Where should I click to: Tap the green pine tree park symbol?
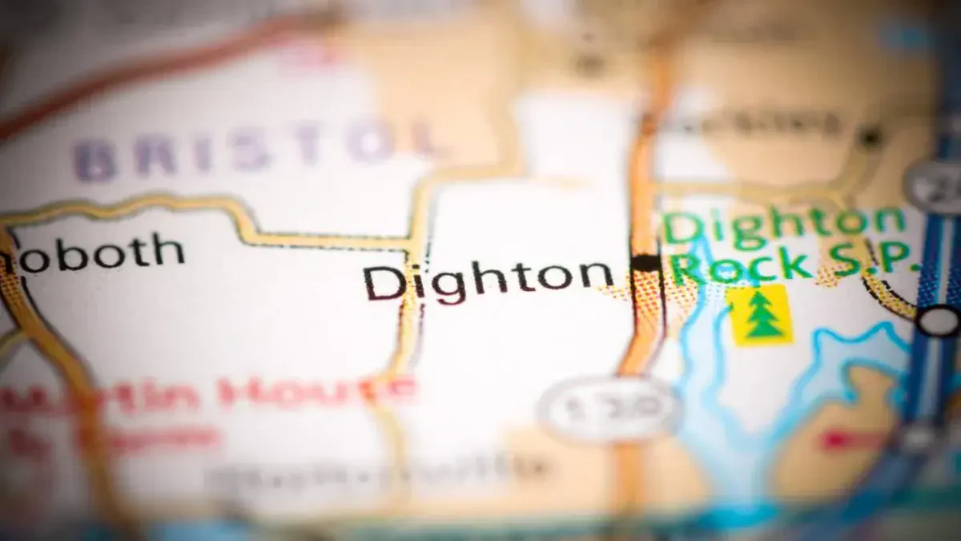(759, 315)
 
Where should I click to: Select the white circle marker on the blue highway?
(937, 321)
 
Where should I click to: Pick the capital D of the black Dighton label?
(381, 283)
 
